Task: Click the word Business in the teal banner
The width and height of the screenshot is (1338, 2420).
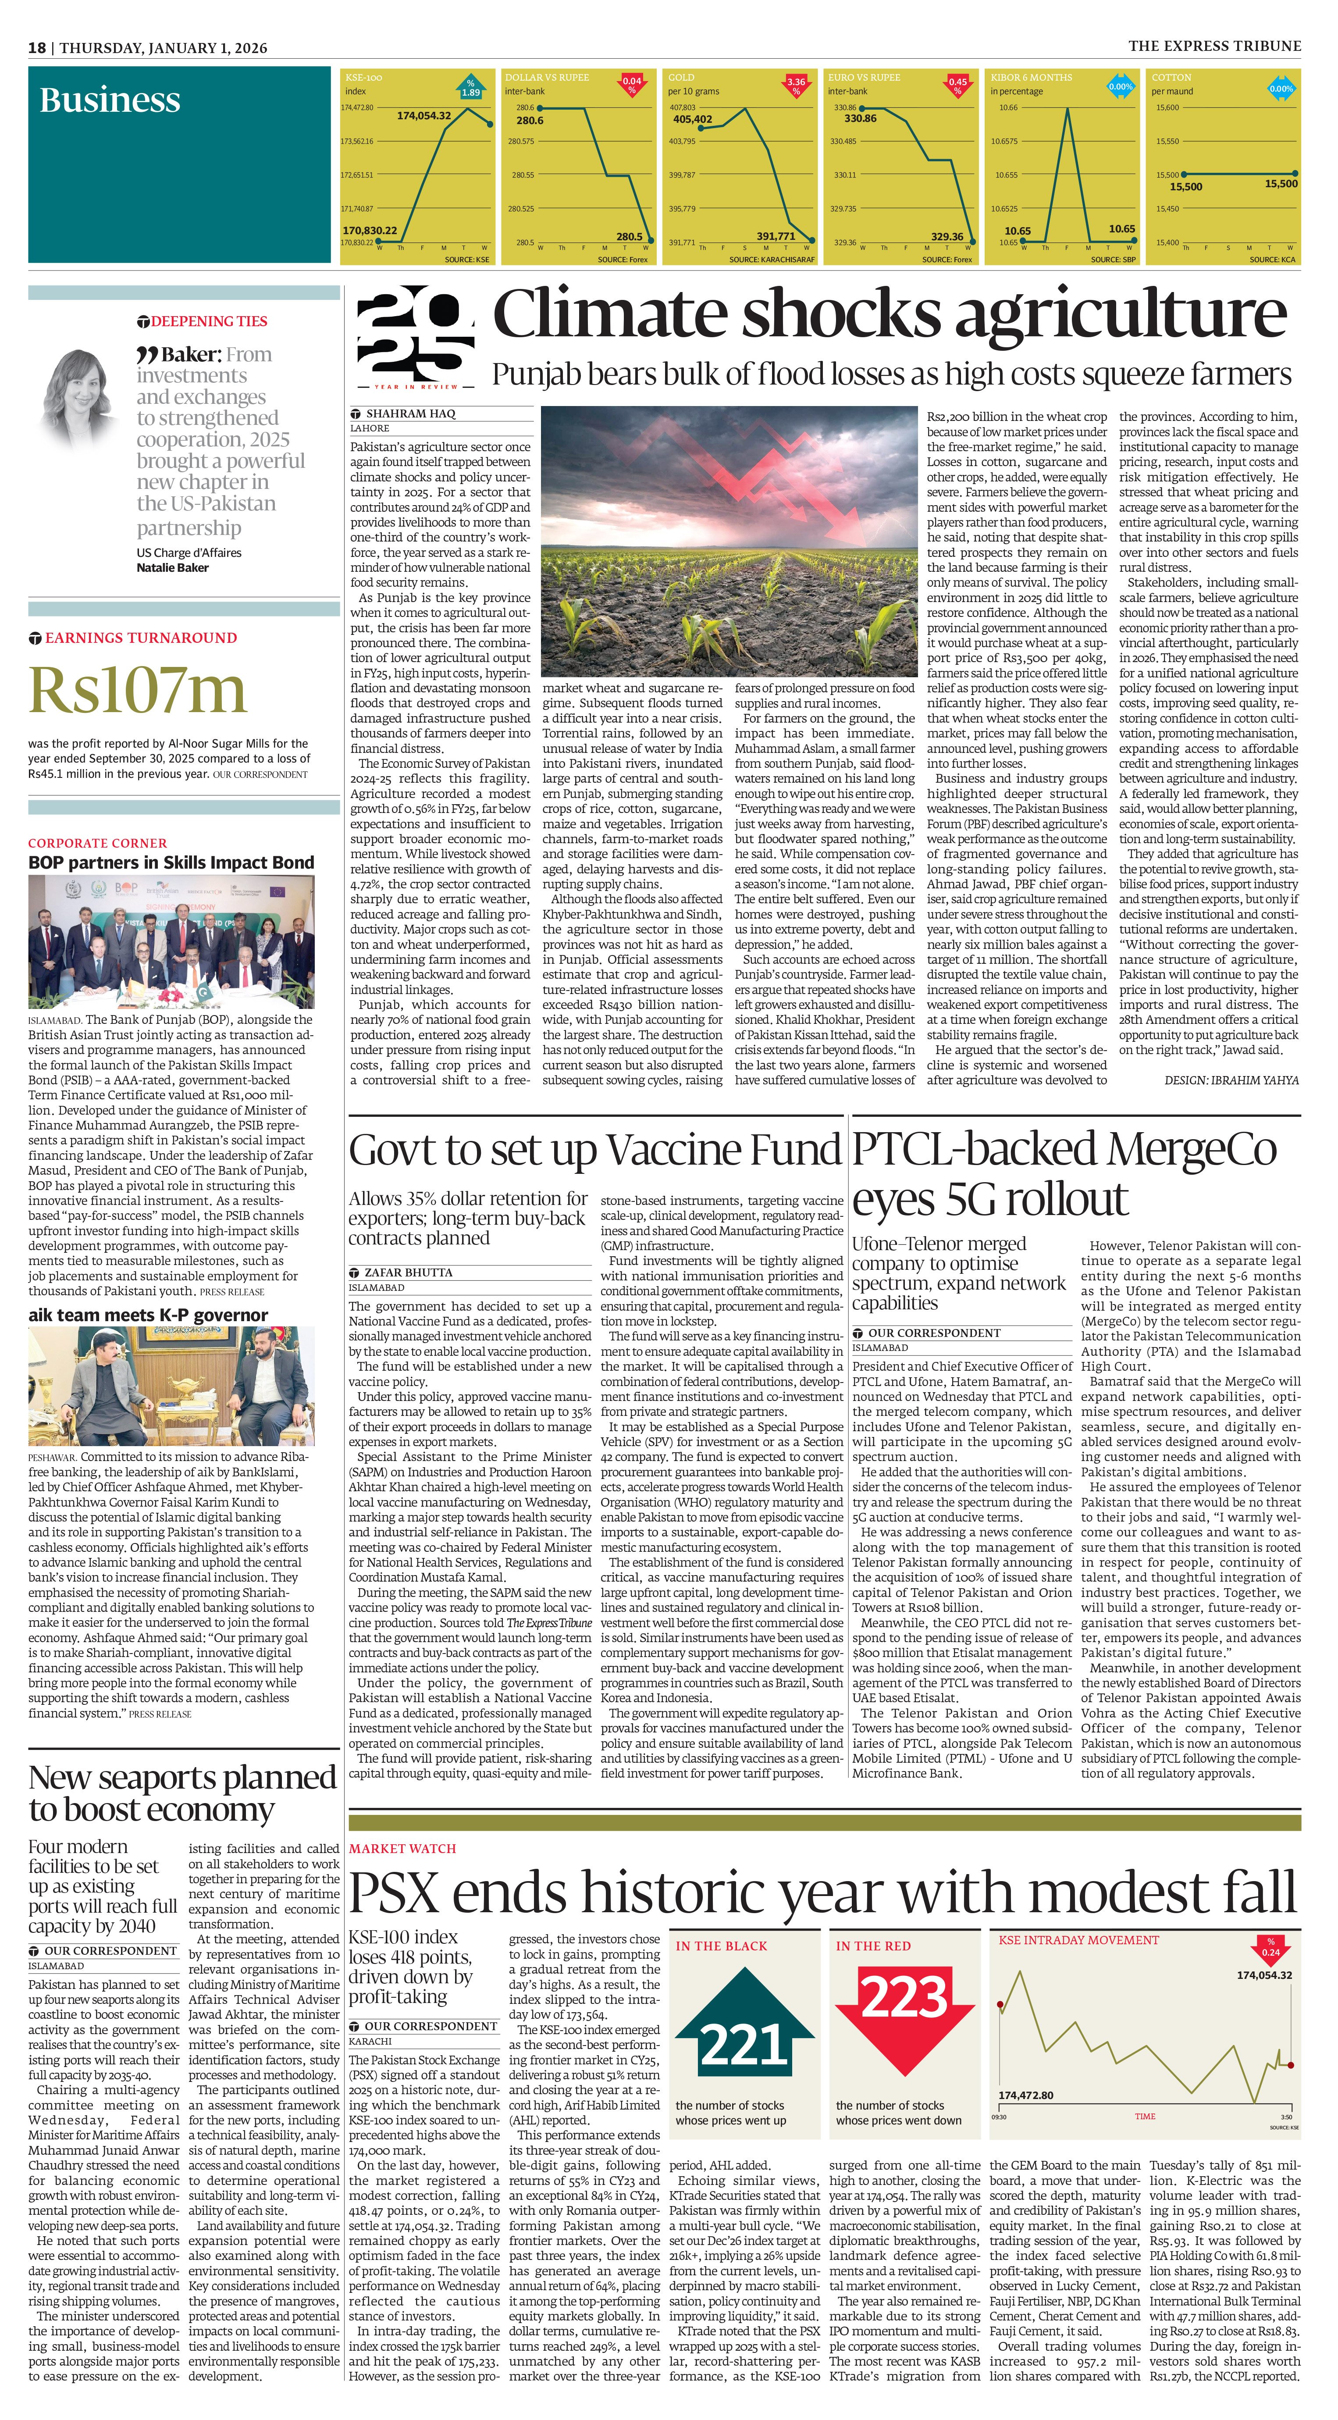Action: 110,100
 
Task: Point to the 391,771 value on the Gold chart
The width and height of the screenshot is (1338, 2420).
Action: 776,237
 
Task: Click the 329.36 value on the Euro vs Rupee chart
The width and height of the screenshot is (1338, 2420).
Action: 947,237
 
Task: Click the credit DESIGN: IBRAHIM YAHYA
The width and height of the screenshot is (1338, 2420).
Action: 1231,1080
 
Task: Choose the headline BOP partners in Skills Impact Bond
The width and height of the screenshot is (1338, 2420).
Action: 171,863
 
